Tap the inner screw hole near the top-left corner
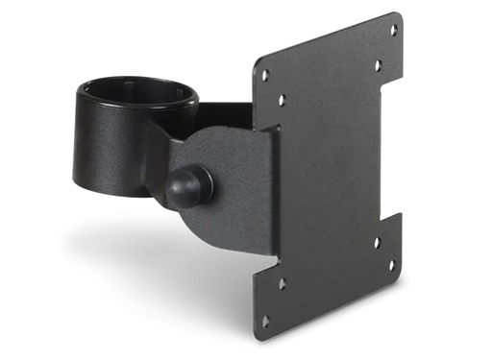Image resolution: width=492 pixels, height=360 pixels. (x=282, y=99)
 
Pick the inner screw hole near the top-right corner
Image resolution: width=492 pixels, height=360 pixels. (x=378, y=64)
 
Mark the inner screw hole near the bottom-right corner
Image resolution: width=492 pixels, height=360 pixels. (x=377, y=243)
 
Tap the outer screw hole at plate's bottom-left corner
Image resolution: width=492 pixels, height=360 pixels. (x=266, y=321)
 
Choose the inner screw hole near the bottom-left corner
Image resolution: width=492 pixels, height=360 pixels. (x=282, y=283)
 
